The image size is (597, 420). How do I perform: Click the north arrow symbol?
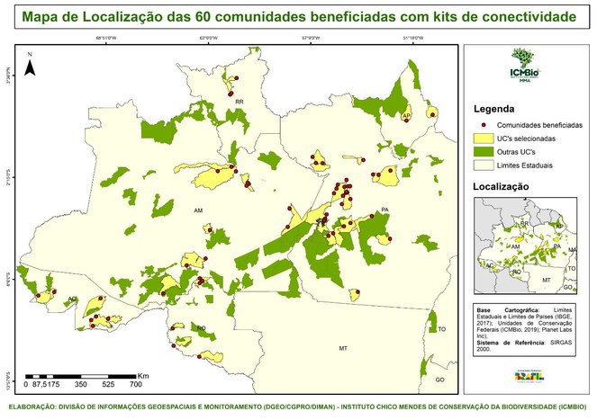tap(30, 65)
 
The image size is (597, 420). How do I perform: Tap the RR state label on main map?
tap(240, 103)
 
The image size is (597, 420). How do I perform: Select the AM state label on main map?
tap(198, 210)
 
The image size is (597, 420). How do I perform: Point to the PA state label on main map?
tap(384, 210)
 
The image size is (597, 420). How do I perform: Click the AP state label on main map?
tap(406, 117)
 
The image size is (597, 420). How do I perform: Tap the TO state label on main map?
tap(442, 330)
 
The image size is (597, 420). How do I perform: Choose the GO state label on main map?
tap(439, 380)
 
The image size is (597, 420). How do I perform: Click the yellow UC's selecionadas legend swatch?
tap(484, 139)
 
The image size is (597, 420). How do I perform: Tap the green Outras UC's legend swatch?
tap(484, 153)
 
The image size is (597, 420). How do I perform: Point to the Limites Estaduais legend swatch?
tap(484, 166)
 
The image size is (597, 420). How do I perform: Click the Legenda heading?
tap(499, 109)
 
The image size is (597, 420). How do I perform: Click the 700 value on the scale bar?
tap(135, 384)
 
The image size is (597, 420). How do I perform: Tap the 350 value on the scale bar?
tap(79, 384)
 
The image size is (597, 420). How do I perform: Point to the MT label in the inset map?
tap(546, 281)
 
